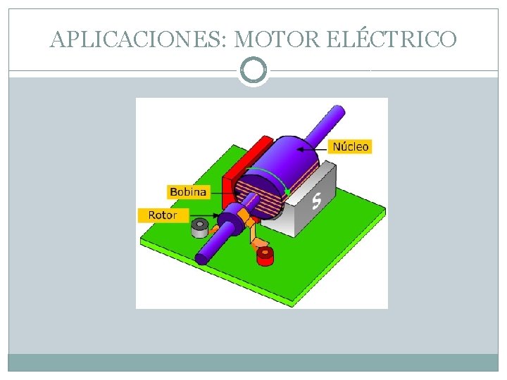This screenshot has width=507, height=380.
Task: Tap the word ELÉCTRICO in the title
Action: [x=392, y=39]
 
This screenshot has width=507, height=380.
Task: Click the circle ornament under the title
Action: [x=254, y=70]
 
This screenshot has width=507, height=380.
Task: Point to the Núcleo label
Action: [x=350, y=146]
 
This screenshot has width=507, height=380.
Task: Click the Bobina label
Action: [x=188, y=191]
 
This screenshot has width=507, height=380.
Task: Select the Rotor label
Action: [x=163, y=215]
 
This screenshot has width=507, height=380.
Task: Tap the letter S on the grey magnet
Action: [x=317, y=201]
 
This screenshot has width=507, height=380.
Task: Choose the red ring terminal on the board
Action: [x=265, y=256]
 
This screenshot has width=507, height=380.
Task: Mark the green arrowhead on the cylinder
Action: [x=287, y=191]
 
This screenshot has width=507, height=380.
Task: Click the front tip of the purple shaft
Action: [x=201, y=258]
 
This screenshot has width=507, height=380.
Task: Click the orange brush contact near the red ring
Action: [x=260, y=243]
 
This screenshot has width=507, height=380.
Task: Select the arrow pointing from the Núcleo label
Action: [x=313, y=147]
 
